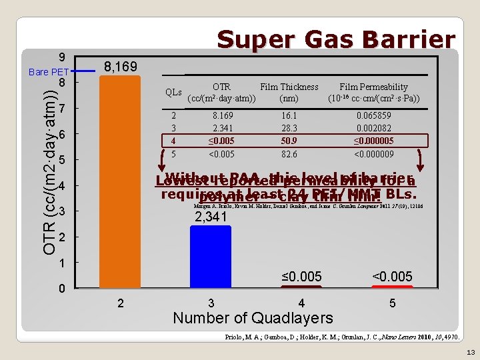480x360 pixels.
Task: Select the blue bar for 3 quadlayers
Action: [210, 257]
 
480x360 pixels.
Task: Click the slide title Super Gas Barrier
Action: [337, 40]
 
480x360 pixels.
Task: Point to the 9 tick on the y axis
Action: [61, 57]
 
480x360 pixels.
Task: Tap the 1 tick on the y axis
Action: [61, 263]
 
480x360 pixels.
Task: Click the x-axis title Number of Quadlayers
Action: [253, 318]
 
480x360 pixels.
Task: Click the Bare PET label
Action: [48, 72]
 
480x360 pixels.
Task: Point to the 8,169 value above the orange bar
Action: [121, 67]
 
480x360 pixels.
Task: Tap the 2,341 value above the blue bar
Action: [211, 217]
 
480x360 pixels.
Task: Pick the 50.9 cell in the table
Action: [289, 141]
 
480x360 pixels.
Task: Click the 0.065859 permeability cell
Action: [373, 115]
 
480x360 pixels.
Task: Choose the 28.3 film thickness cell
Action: [289, 128]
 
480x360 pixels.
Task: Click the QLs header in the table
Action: [173, 92]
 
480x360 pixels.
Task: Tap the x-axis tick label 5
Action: [393, 303]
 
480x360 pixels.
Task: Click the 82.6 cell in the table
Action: [289, 154]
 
